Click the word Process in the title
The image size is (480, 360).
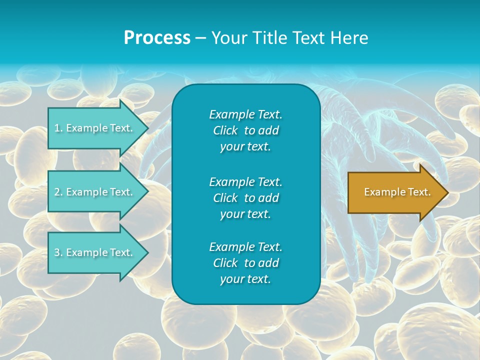(x=157, y=38)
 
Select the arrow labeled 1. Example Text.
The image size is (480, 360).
(x=95, y=128)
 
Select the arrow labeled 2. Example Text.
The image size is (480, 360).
(x=95, y=192)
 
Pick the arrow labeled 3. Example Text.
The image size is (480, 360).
(x=95, y=252)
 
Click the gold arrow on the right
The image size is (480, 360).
(x=395, y=192)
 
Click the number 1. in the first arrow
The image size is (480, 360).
(x=58, y=128)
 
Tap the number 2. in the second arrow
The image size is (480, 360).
(x=58, y=192)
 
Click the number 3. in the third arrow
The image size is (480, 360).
(x=58, y=252)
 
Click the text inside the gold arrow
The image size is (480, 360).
(x=397, y=192)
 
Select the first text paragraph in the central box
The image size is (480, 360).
(x=245, y=130)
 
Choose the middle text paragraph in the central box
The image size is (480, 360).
(x=245, y=197)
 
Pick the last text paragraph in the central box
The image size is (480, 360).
(x=245, y=263)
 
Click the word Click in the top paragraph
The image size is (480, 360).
(x=225, y=130)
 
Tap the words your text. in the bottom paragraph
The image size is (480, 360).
(x=245, y=279)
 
